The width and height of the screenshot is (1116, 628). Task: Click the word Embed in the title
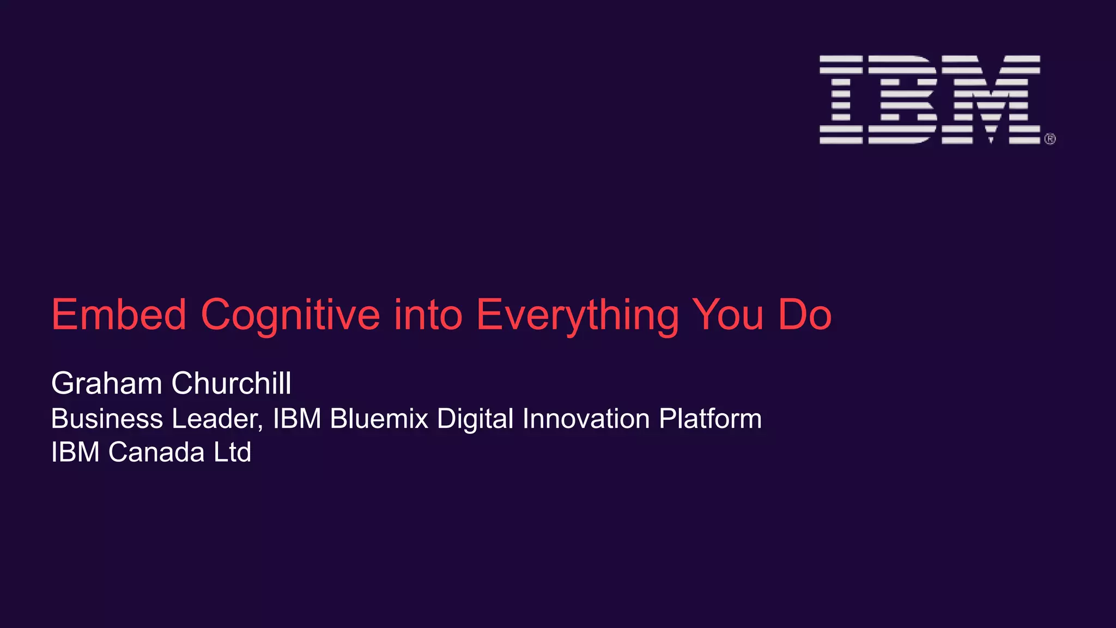pyautogui.click(x=119, y=315)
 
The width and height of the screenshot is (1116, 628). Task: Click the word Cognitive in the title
pyautogui.click(x=290, y=315)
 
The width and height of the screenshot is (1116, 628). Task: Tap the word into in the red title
pyautogui.click(x=428, y=315)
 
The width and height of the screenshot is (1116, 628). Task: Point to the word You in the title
pyautogui.click(x=727, y=315)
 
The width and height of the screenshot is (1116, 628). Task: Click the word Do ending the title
pyautogui.click(x=805, y=315)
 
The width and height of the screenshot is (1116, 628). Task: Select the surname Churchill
pyautogui.click(x=232, y=383)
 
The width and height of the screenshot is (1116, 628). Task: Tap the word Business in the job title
pyautogui.click(x=107, y=419)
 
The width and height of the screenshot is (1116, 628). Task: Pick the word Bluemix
pyautogui.click(x=379, y=419)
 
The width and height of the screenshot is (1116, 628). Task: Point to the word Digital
pyautogui.click(x=475, y=419)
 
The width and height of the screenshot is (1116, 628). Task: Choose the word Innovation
pyautogui.click(x=586, y=419)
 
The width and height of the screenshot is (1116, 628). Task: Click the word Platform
pyautogui.click(x=710, y=419)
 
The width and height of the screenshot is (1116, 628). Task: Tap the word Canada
pyautogui.click(x=156, y=452)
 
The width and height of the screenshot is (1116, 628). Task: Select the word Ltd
pyautogui.click(x=232, y=452)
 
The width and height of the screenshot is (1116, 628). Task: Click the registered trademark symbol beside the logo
pyautogui.click(x=1050, y=139)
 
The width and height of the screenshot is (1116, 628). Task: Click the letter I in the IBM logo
pyautogui.click(x=841, y=99)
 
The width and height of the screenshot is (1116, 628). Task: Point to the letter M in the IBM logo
pyautogui.click(x=991, y=99)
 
